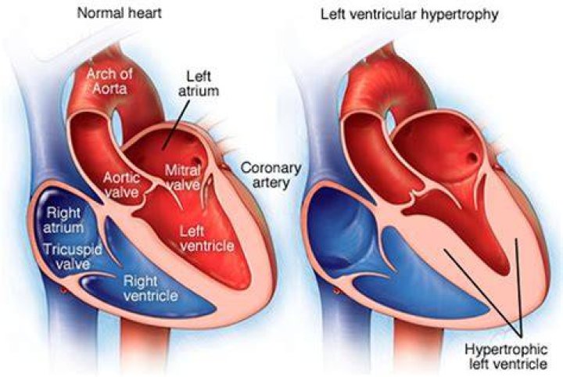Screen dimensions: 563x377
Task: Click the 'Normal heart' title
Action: [x=120, y=13]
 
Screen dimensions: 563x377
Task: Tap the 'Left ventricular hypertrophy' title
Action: [x=409, y=14]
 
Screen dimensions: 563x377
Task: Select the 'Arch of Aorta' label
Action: [x=109, y=81]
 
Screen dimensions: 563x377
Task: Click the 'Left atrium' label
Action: [x=199, y=84]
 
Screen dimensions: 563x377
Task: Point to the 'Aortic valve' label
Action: [x=122, y=185]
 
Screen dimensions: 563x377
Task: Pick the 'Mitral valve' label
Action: [x=183, y=178]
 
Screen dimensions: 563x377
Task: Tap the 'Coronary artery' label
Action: [x=271, y=175]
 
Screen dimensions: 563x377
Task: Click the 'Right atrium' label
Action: [x=63, y=220]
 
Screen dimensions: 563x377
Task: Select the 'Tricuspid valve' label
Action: [x=73, y=257]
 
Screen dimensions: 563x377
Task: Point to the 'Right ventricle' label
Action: [x=150, y=289]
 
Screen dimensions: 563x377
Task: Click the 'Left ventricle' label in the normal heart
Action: [x=206, y=239]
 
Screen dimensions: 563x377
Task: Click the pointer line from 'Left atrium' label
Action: [x=176, y=124]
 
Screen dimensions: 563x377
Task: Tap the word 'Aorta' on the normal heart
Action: [x=109, y=88]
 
